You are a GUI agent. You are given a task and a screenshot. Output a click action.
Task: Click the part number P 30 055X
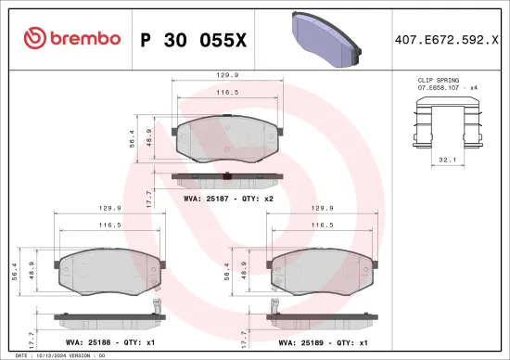(194, 39)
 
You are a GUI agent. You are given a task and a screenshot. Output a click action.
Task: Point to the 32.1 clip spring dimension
(447, 159)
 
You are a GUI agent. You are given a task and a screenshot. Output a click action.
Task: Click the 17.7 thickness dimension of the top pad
(150, 197)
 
